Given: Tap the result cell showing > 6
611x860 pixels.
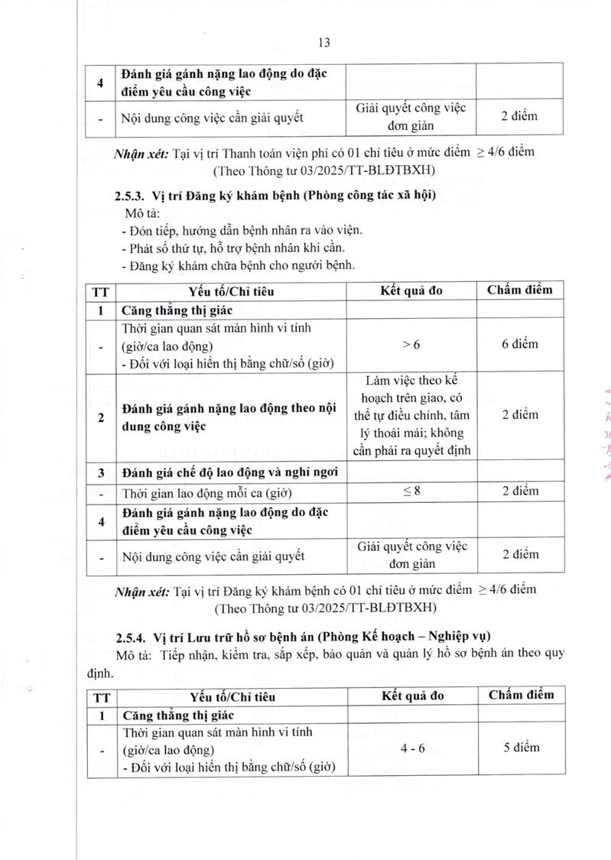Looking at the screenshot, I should click(x=411, y=345).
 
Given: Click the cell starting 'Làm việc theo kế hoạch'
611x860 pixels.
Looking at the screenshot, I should click(x=411, y=414).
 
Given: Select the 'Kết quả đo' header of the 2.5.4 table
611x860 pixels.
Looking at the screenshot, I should click(x=411, y=696).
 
